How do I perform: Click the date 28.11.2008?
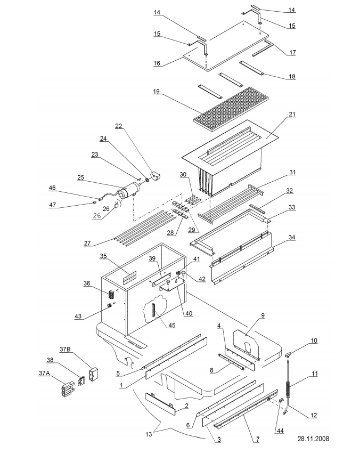point(314,439)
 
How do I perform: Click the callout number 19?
point(157,92)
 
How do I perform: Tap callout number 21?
point(292,115)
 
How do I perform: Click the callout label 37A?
point(44,373)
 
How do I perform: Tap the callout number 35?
point(103,256)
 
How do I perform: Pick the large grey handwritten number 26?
point(97,215)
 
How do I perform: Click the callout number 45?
point(172,325)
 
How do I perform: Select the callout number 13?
point(149,434)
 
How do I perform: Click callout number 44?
point(280,431)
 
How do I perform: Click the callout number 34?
point(292,238)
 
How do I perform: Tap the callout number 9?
point(263,315)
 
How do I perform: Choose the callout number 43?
point(78,316)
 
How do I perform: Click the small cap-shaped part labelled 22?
point(156,175)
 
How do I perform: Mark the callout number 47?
point(52,205)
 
